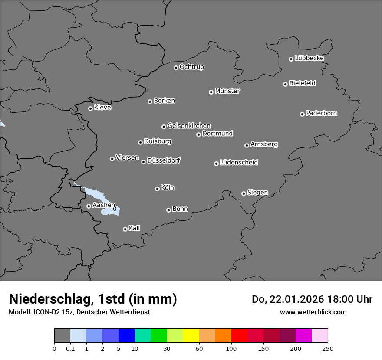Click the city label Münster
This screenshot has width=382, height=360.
[227, 91]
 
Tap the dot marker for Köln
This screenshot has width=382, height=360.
[157, 189]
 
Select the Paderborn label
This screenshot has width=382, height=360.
[322, 113]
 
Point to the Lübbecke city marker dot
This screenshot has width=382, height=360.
[291, 59]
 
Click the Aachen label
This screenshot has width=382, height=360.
[104, 205]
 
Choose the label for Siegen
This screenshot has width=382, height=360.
[257, 193]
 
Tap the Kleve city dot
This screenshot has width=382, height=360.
[90, 108]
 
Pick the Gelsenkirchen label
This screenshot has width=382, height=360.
[189, 126]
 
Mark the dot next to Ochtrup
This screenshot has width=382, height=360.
[176, 68]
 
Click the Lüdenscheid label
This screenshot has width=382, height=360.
[239, 163]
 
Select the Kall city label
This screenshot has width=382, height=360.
[135, 228]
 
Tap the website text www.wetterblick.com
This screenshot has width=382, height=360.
[313, 312]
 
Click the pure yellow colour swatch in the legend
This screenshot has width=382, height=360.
[191, 335]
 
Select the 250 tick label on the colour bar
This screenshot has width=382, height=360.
[328, 348]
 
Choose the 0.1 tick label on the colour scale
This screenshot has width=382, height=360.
[70, 348]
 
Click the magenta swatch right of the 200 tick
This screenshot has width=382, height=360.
[303, 335]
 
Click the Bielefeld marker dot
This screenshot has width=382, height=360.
[285, 84]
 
